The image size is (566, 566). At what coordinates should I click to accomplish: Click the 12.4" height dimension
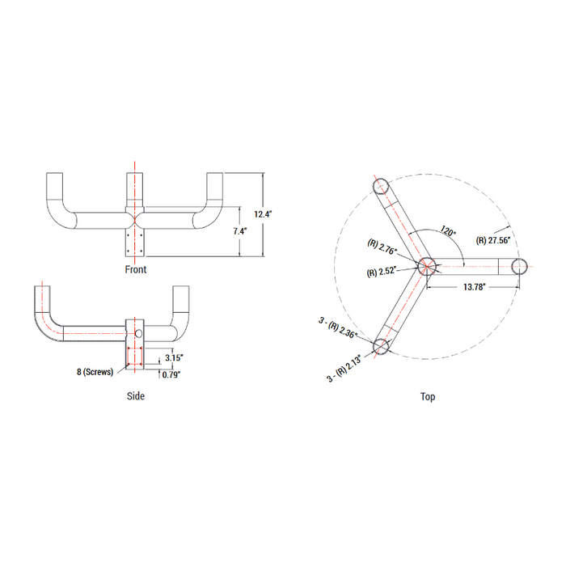pos(263,214)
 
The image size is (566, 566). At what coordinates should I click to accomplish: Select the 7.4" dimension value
pos(240,231)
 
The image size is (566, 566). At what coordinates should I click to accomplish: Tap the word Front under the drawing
pos(136,269)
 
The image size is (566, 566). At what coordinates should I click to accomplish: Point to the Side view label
pos(136,396)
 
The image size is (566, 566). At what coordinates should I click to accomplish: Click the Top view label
pos(428,397)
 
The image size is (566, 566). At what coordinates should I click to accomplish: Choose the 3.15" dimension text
pos(174,357)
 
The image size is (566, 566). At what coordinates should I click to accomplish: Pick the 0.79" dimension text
pos(171,374)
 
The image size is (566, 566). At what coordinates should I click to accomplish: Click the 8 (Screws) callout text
pos(95,372)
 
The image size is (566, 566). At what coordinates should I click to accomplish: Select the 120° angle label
pos(448,230)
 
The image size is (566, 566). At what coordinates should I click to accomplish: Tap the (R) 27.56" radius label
pos(493,240)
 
